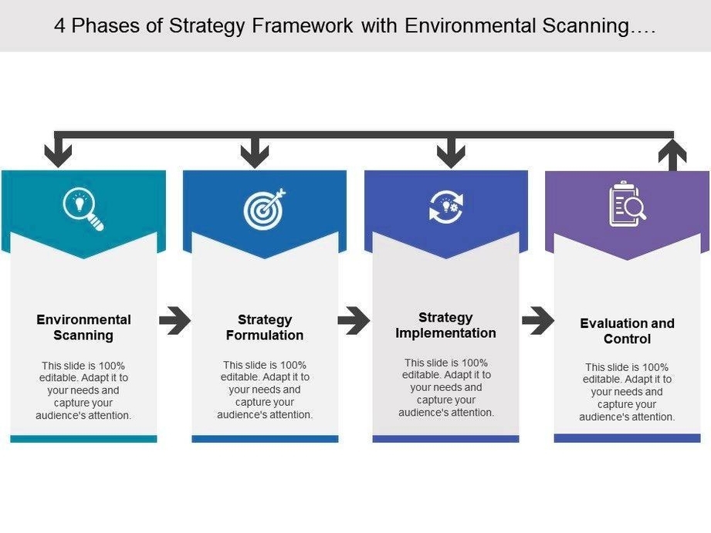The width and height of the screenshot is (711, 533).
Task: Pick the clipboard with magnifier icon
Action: point(627,204)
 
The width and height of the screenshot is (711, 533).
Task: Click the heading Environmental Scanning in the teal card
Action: point(83,327)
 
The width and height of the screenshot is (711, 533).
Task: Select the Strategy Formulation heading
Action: point(265,327)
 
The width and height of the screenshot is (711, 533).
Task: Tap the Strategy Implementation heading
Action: point(445,325)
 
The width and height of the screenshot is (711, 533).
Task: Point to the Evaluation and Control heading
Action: point(627,331)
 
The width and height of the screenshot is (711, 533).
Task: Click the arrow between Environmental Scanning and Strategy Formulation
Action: point(174,320)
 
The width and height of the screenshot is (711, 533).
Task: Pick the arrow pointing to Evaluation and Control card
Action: point(537,320)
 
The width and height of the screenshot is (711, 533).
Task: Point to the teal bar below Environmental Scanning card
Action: point(83,438)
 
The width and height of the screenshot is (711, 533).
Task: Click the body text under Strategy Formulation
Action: point(265,390)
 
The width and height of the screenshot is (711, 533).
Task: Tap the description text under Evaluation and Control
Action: point(627,392)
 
